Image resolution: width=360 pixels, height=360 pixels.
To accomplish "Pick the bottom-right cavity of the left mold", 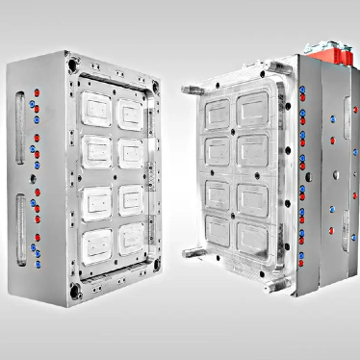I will coord(129,238).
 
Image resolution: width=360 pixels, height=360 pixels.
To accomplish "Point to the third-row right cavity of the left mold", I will coord(129,198).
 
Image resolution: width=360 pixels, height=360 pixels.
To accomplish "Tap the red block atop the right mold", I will coord(327,53).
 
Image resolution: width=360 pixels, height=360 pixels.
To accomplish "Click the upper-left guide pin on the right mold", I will coord(190,90).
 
